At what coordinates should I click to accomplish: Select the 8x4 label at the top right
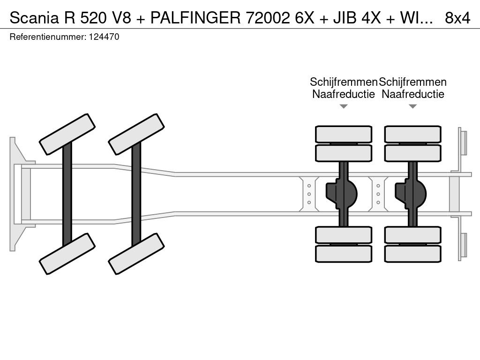click(457, 18)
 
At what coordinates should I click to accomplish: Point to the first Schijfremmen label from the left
click(344, 82)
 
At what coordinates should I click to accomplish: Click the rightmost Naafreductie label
click(412, 94)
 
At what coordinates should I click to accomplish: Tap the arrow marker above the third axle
click(344, 106)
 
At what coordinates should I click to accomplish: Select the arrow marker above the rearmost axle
click(412, 106)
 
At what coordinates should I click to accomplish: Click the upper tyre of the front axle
click(67, 134)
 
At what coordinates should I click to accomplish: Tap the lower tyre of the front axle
click(67, 254)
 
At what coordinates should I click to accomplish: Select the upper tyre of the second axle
click(136, 134)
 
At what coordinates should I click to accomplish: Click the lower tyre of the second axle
click(136, 254)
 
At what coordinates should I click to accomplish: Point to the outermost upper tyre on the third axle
click(344, 134)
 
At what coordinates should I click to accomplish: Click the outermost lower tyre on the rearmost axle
click(412, 254)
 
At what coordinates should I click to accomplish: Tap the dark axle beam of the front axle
click(67, 193)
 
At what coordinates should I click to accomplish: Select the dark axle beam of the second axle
click(136, 193)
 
